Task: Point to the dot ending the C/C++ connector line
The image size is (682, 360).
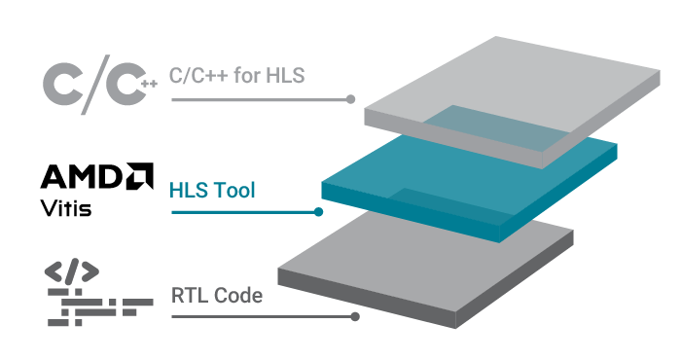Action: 351,100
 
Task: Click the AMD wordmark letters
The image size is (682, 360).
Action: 81,177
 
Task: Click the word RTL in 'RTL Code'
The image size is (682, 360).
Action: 189,295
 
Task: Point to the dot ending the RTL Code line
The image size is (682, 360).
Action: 358,316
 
